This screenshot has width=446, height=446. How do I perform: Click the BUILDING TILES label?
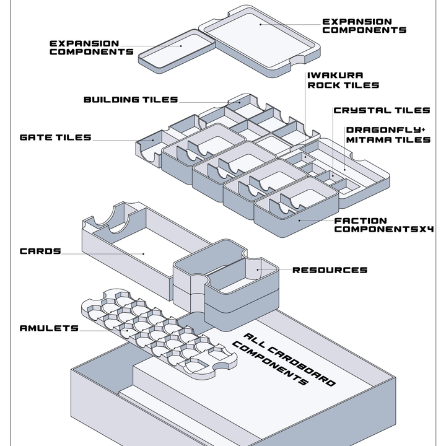tap(131, 100)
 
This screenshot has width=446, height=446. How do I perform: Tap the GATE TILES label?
tap(56, 138)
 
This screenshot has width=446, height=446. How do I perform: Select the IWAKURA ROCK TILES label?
tap(343, 80)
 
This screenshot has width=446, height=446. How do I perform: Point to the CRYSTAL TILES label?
tap(382, 110)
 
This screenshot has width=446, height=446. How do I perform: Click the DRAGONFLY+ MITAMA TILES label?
tap(388, 135)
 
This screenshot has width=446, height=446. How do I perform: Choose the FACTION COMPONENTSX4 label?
tap(383, 225)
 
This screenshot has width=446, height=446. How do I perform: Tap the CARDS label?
tap(40, 251)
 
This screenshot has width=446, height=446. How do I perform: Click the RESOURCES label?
tap(330, 270)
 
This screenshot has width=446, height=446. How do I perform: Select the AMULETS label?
tap(49, 328)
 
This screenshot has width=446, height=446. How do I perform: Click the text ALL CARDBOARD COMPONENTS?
tap(284, 359)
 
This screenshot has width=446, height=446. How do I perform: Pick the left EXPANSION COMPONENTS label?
tap(91, 48)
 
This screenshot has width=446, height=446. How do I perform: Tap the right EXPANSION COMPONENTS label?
tap(364, 26)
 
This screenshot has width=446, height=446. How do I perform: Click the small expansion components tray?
tap(177, 51)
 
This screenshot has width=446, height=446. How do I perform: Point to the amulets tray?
tap(159, 334)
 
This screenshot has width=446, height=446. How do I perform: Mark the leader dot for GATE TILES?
tap(153, 140)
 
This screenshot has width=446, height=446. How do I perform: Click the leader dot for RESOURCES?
tap(258, 269)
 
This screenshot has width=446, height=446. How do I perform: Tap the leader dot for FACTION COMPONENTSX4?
tap(299, 221)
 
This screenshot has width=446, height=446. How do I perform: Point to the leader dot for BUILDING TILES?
tap(240, 102)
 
